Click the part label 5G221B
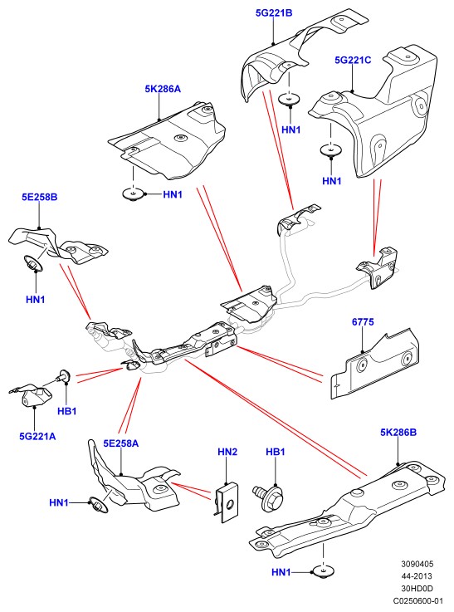tap(274, 13)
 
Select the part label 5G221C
tap(353, 60)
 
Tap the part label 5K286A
tap(163, 89)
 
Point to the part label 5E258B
tap(39, 197)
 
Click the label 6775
tap(363, 322)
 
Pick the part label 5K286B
tap(398, 433)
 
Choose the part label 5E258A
tap(121, 443)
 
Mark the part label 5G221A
tap(37, 436)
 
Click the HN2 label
tap(227, 452)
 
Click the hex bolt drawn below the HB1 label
tap(269, 497)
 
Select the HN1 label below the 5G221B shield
tap(291, 130)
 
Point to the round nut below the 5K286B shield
tap(324, 571)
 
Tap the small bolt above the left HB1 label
tap(64, 376)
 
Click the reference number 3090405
tap(417, 564)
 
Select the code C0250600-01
tap(417, 600)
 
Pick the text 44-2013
tap(417, 576)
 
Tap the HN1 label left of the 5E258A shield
tap(59, 502)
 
